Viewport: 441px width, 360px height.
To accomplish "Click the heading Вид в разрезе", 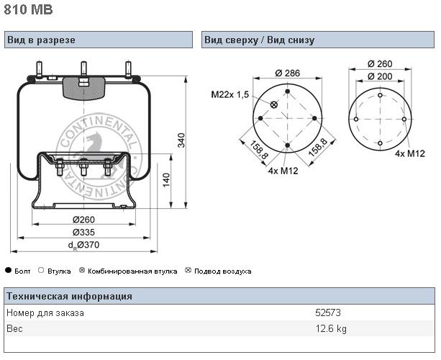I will [41, 40].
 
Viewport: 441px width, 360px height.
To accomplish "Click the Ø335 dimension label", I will [85, 232].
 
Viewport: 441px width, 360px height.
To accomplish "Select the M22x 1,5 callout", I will [229, 94].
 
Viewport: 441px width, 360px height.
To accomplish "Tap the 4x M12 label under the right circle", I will [409, 153].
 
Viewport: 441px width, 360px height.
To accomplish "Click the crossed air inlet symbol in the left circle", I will [274, 105].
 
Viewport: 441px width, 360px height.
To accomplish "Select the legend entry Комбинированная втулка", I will [132, 271].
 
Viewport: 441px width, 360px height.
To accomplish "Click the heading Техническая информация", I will [69, 296].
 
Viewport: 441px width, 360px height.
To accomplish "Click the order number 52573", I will [327, 312].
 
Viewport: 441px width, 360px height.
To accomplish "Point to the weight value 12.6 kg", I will [331, 329].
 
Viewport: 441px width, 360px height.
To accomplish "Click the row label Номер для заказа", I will [45, 312].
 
